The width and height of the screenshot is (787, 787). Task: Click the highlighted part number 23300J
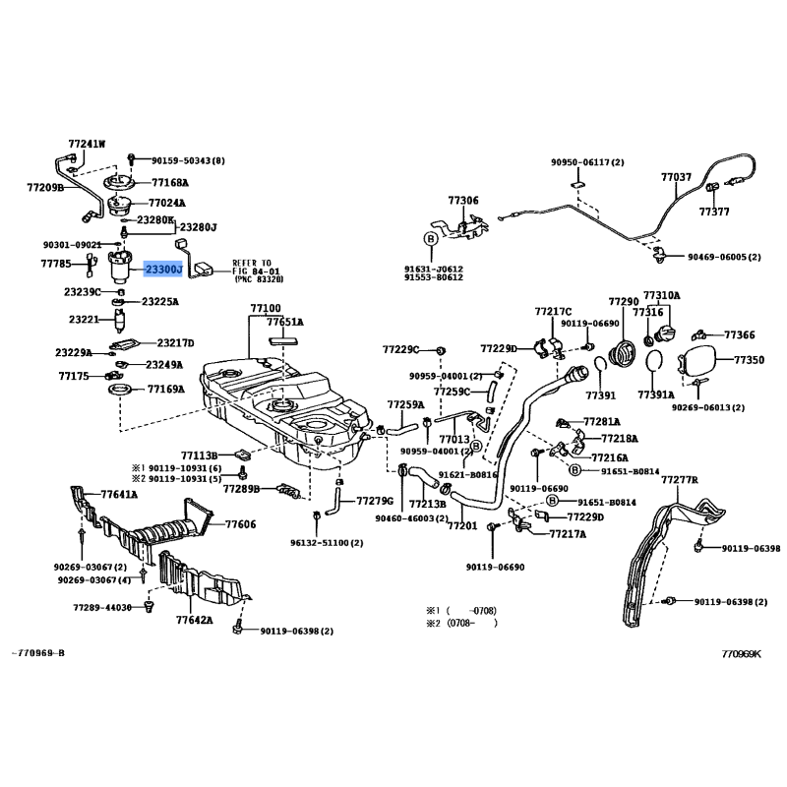tap(163, 269)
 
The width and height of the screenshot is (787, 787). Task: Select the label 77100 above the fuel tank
tap(266, 308)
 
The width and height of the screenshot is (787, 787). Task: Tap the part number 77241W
tap(87, 144)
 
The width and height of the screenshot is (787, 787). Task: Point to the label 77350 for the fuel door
tap(749, 361)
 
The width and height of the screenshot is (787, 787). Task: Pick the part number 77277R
tap(679, 479)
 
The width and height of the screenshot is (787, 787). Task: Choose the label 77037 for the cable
tap(676, 178)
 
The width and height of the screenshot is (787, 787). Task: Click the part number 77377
tap(714, 211)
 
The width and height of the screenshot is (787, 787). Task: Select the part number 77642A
tap(195, 620)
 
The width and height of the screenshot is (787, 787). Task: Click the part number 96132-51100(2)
tap(327, 542)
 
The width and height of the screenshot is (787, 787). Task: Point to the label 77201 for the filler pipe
tap(462, 525)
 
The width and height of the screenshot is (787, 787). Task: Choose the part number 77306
tap(463, 201)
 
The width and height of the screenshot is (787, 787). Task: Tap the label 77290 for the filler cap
tap(624, 302)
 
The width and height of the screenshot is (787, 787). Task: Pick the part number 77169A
tap(165, 390)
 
